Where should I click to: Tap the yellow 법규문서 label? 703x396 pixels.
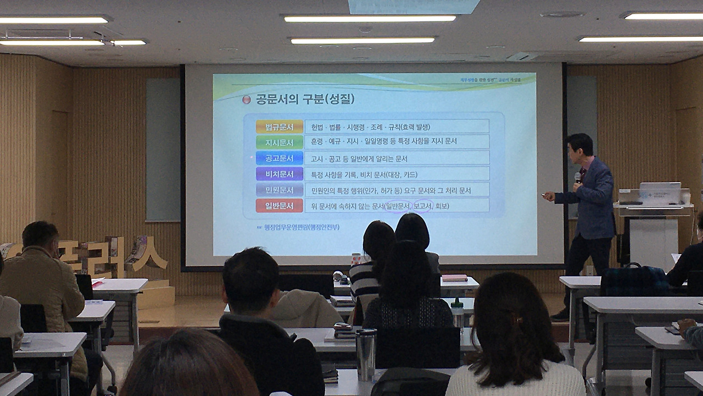(280, 127)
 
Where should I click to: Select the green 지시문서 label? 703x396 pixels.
(280, 142)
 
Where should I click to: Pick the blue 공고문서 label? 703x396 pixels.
(280, 158)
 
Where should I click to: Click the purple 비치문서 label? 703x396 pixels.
(280, 174)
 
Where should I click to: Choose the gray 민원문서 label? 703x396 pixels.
(280, 190)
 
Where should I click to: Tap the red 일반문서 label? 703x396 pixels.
(280, 206)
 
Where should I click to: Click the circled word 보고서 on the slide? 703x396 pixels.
(422, 206)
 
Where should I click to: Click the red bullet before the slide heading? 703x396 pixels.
(247, 100)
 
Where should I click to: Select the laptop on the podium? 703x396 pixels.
(659, 193)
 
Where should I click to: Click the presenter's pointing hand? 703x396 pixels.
(548, 195)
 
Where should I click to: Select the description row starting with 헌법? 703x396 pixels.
(396, 127)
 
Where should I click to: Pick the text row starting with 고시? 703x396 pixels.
(396, 158)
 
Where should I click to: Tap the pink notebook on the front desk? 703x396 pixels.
(454, 278)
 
